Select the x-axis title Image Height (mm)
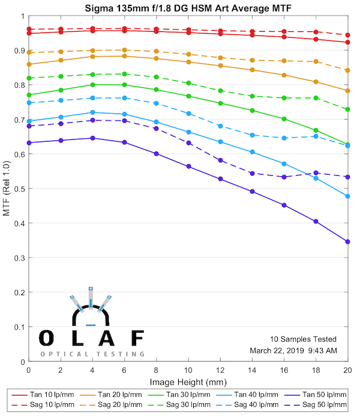pyautogui.click(x=188, y=381)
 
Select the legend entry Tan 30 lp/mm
pyautogui.click(x=182, y=395)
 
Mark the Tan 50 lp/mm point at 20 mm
pyautogui.click(x=347, y=242)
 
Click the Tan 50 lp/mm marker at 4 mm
pyautogui.click(x=92, y=138)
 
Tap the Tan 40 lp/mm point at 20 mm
pyautogui.click(x=347, y=196)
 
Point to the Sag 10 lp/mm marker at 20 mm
pyautogui.click(x=347, y=35)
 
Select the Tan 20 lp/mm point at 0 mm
pyautogui.click(x=29, y=64)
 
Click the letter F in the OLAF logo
pyautogui.click(x=137, y=338)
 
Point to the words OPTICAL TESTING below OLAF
pyautogui.click(x=92, y=354)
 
